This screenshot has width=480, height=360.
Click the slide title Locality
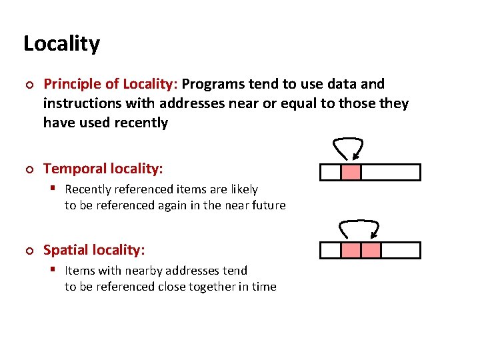pyautogui.click(x=61, y=44)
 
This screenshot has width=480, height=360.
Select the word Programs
pyautogui.click(x=213, y=84)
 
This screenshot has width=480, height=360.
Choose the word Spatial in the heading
pyautogui.click(x=64, y=250)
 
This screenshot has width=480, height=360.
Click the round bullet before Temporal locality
pyautogui.click(x=28, y=170)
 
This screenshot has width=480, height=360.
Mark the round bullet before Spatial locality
pyautogui.click(x=28, y=251)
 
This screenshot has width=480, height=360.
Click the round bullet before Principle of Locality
pyautogui.click(x=28, y=85)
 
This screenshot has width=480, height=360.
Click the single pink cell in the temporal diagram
pyautogui.click(x=351, y=172)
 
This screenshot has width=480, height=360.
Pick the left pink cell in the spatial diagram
pyautogui.click(x=351, y=250)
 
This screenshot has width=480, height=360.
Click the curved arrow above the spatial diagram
pyautogui.click(x=360, y=227)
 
